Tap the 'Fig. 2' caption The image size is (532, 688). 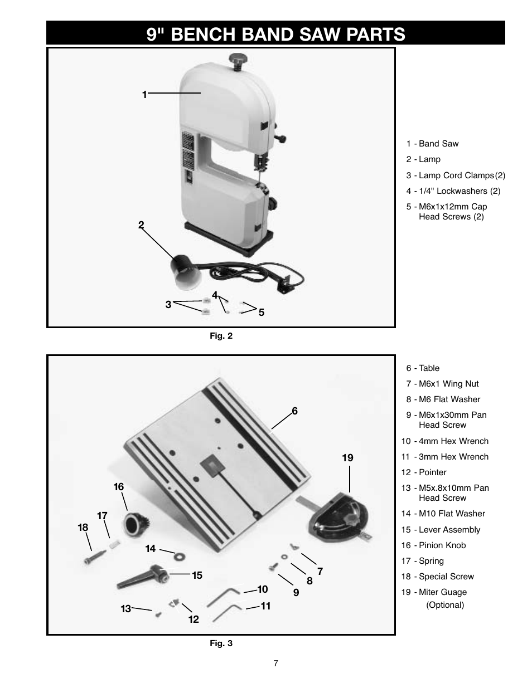click(x=221, y=335)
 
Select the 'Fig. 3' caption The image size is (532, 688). click(x=221, y=643)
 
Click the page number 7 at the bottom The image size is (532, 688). click(x=275, y=663)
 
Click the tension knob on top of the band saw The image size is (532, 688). click(x=239, y=58)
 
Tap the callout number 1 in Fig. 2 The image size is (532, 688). click(x=144, y=95)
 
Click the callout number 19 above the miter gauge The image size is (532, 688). click(x=347, y=458)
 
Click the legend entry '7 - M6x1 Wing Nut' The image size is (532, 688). click(x=442, y=384)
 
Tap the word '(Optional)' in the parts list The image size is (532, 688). click(x=445, y=605)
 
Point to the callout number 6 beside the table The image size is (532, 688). click(x=294, y=411)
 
